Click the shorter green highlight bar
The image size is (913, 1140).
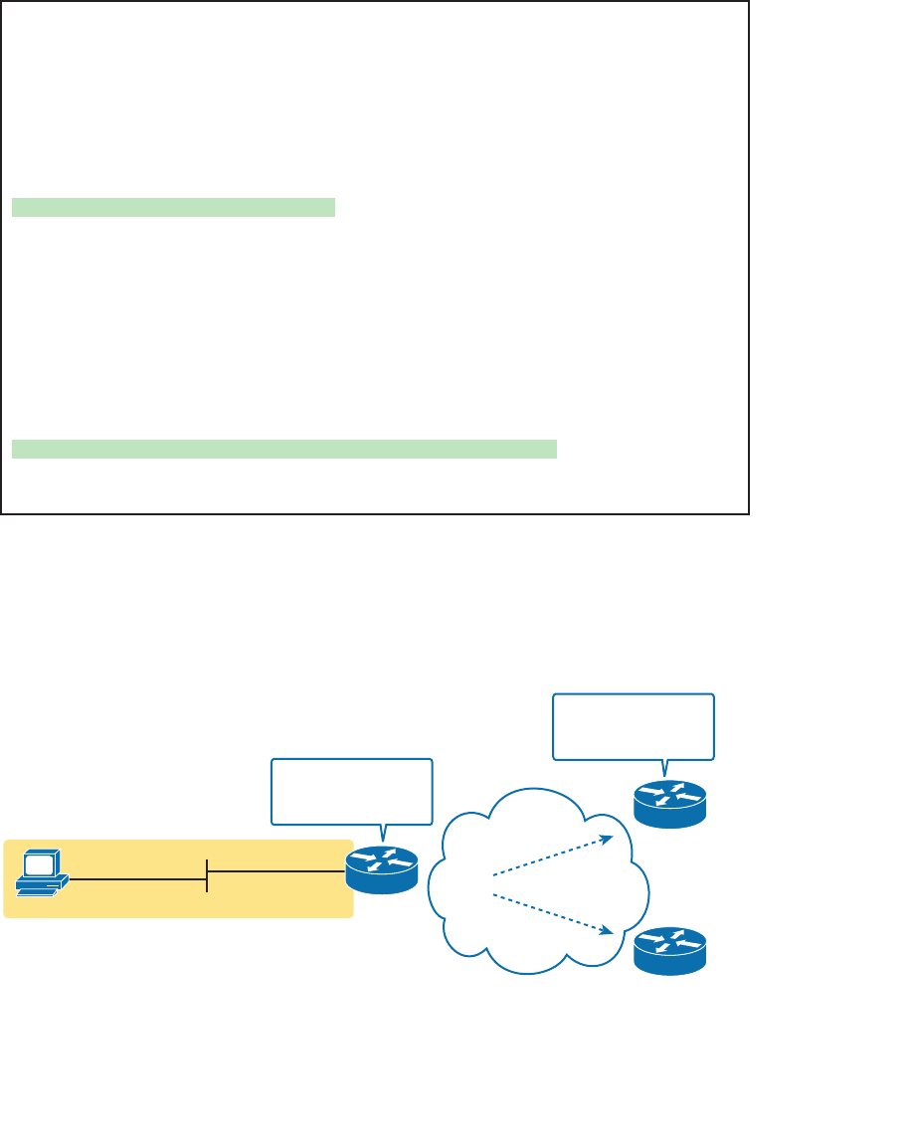pyautogui.click(x=174, y=207)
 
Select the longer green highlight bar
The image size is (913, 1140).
pyautogui.click(x=283, y=448)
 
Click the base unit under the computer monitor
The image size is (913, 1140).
pyautogui.click(x=44, y=886)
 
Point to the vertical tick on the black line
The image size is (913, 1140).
pyautogui.click(x=207, y=875)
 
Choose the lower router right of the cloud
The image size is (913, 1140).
pyautogui.click(x=669, y=951)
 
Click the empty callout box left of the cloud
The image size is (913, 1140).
pyautogui.click(x=352, y=791)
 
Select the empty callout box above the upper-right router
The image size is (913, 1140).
pyautogui.click(x=633, y=726)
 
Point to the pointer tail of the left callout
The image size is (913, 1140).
pyautogui.click(x=382, y=833)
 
